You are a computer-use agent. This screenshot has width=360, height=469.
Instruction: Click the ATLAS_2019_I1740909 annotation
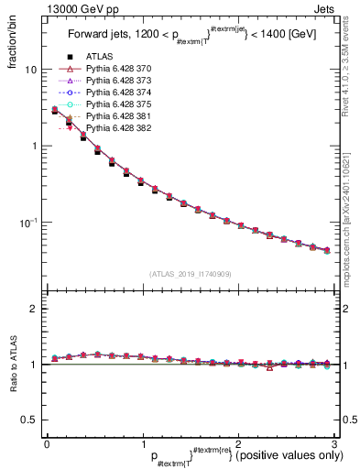(x=190, y=274)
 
